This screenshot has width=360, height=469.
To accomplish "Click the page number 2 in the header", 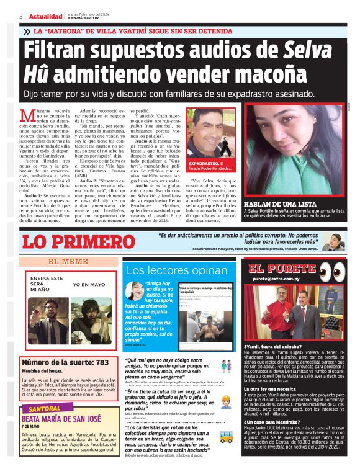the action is click(21, 16).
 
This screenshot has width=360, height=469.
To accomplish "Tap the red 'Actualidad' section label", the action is click(44, 16).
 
